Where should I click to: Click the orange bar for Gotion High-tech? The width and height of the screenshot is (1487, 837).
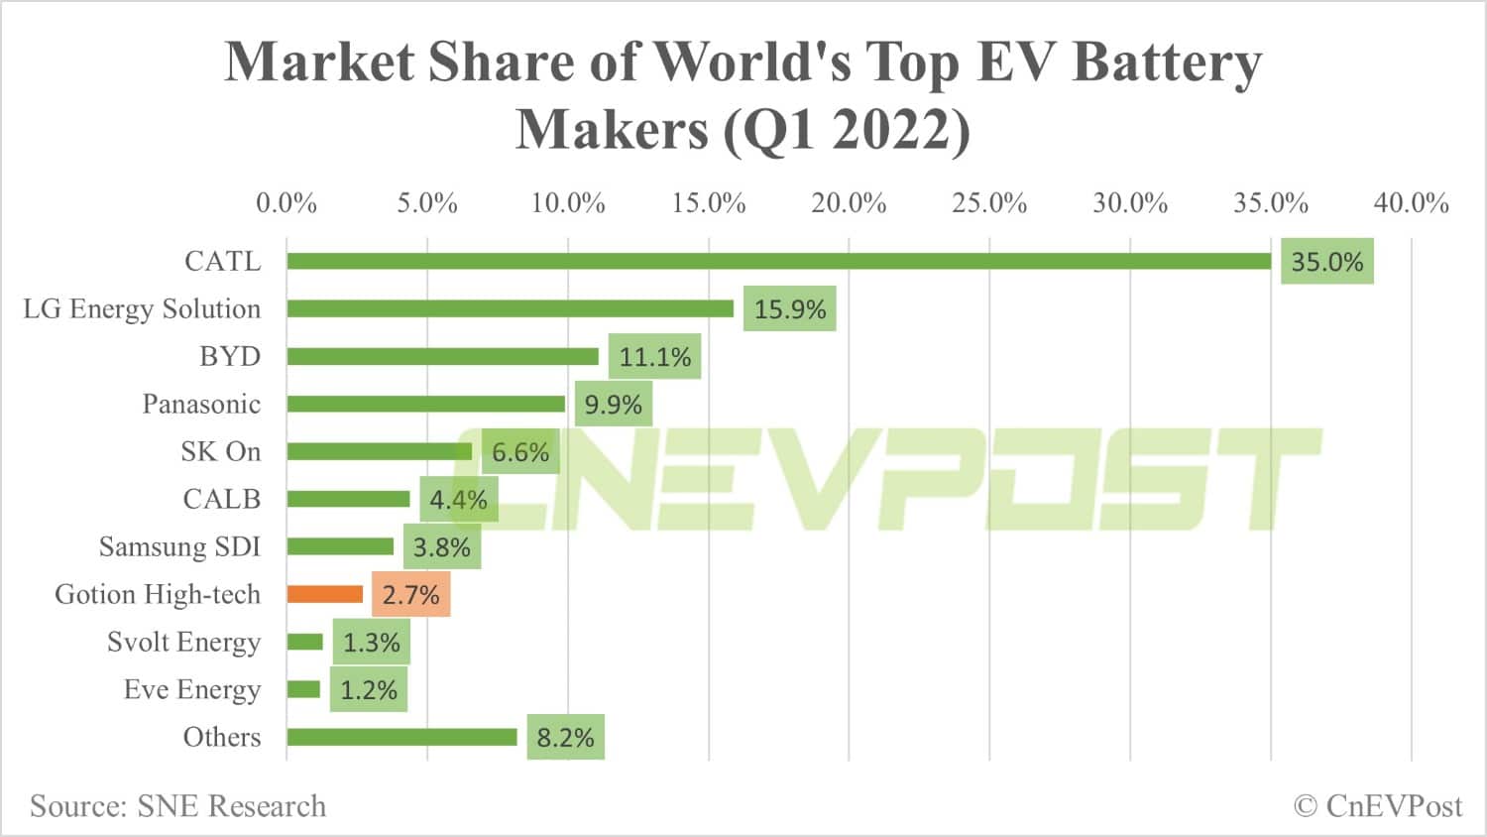click(x=325, y=594)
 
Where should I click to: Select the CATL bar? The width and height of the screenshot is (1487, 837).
click(x=778, y=261)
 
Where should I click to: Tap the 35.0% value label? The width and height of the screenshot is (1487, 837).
click(x=1326, y=262)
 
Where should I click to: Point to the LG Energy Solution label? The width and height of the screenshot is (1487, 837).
click(x=142, y=309)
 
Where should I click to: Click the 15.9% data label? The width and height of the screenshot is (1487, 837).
click(x=789, y=309)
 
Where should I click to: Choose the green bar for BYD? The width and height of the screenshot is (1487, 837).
click(x=443, y=356)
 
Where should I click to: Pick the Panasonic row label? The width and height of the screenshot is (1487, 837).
click(x=201, y=405)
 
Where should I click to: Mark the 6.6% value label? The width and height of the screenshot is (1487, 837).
click(x=519, y=452)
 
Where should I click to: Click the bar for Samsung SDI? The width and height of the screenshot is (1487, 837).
click(x=340, y=546)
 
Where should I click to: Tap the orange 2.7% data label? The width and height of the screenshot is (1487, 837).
click(x=410, y=595)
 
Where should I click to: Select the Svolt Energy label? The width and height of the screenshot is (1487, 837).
click(x=183, y=643)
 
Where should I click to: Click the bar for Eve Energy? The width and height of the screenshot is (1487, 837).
click(x=303, y=689)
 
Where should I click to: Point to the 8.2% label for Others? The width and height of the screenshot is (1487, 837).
click(x=565, y=738)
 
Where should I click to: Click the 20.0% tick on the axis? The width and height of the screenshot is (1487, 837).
click(x=849, y=203)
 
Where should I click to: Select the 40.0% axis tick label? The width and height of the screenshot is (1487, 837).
click(x=1411, y=203)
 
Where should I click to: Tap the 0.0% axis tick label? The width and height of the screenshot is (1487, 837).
click(x=286, y=203)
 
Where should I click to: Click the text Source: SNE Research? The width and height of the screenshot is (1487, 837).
click(x=177, y=806)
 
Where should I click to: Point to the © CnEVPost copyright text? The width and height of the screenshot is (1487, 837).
click(x=1378, y=806)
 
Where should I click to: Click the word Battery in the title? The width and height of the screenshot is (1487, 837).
click(x=1167, y=61)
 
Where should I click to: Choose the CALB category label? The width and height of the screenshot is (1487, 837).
click(x=222, y=499)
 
